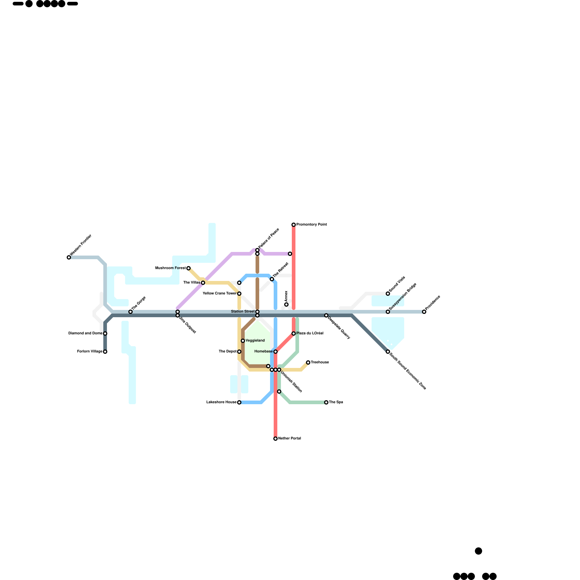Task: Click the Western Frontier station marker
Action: tap(69, 257)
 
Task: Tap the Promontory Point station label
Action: tap(311, 225)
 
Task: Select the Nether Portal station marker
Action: tap(275, 439)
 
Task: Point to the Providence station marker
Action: tap(424, 312)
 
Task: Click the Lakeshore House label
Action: tap(221, 402)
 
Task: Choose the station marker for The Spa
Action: tap(326, 402)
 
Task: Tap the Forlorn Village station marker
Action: tap(105, 352)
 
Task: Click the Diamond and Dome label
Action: tap(85, 333)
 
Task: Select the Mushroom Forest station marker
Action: tap(188, 268)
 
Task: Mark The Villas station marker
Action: tap(203, 283)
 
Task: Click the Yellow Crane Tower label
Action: tap(219, 294)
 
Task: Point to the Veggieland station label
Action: tap(255, 341)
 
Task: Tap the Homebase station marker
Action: tap(275, 352)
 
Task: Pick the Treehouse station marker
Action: tap(308, 362)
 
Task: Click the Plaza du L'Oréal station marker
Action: tap(294, 333)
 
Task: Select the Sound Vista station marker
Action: tap(388, 294)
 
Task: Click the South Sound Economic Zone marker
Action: tap(388, 352)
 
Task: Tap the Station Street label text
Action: tap(243, 312)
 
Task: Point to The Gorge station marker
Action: tap(130, 312)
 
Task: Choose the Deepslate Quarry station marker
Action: tap(326, 315)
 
